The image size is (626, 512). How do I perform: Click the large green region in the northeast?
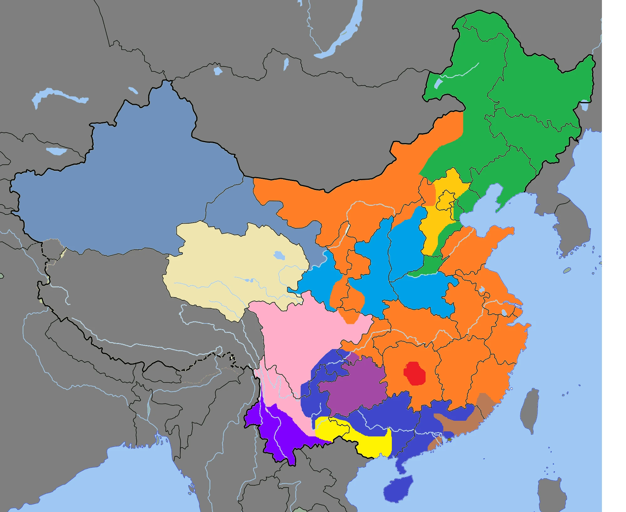[x=526, y=103]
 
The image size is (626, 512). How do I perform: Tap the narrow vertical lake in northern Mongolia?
[x=286, y=64]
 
